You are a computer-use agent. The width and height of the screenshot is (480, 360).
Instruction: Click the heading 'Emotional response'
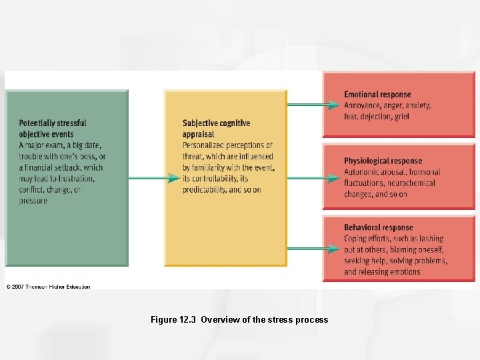377,95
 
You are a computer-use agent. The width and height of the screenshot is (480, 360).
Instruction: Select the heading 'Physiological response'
383,161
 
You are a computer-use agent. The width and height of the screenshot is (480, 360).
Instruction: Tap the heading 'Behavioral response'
379,227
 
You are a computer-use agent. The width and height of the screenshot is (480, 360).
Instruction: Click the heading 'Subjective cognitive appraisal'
216,129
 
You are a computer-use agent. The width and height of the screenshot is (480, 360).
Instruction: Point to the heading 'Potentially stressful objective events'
53,129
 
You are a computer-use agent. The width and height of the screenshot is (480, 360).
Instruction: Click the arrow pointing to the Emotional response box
313,105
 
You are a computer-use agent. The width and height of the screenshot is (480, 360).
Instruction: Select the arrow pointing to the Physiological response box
313,178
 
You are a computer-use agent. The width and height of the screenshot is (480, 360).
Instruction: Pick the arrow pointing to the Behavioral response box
313,249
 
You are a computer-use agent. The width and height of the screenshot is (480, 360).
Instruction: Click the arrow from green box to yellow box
153,178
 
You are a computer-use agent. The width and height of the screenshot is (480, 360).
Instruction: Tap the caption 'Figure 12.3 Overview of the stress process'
239,319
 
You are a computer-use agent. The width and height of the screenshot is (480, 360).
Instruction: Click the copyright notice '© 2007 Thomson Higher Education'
48,287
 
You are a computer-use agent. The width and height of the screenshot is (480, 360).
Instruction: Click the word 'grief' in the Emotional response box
401,117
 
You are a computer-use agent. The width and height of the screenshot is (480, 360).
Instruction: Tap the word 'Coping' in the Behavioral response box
355,239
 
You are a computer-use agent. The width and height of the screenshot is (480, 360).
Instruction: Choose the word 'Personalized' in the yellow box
204,145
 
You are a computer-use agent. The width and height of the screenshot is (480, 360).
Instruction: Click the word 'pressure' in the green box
33,201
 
